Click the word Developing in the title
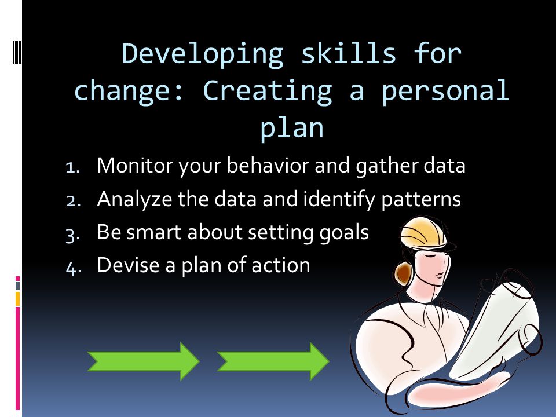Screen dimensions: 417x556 coord(202,54)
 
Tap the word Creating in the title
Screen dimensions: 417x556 coord(267,91)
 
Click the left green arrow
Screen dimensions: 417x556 coord(142,361)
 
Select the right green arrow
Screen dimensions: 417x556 coord(272,361)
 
